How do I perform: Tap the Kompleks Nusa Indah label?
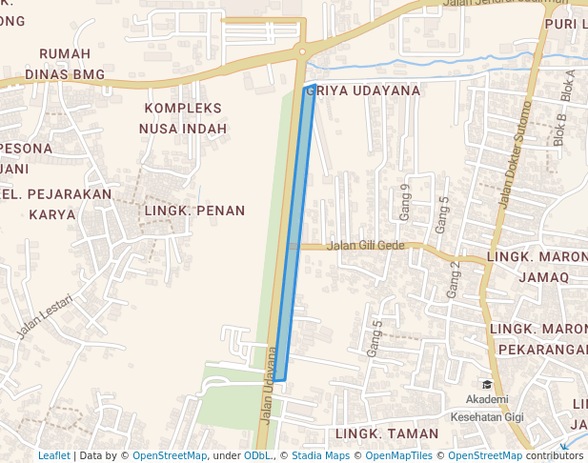pyautogui.click(x=183, y=118)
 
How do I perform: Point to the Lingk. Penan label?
pyautogui.click(x=194, y=211)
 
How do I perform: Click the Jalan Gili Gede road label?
pyautogui.click(x=366, y=245)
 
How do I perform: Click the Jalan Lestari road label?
pyautogui.click(x=45, y=317)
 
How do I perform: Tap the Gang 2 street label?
pyautogui.click(x=455, y=279)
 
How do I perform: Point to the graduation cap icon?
pyautogui.click(x=488, y=383)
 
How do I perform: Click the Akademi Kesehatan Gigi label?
pyautogui.click(x=488, y=407)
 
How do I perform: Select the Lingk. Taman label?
pyautogui.click(x=377, y=433)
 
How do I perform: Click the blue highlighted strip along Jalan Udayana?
pyautogui.click(x=296, y=238)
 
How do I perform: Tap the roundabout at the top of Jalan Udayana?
pyautogui.click(x=302, y=50)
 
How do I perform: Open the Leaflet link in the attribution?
pyautogui.click(x=53, y=455)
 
